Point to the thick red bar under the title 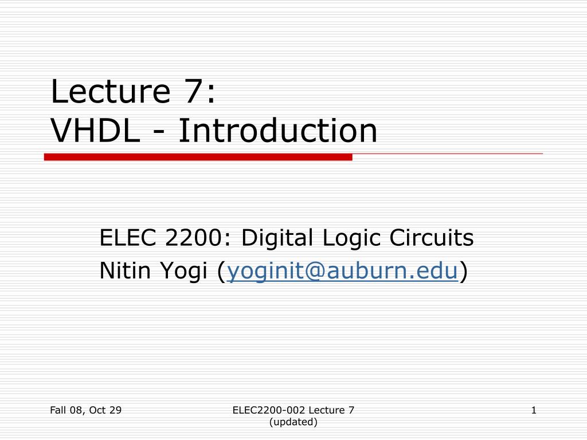coord(198,157)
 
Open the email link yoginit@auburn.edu coord(343,272)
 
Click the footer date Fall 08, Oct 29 coord(85,410)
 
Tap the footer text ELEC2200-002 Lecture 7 coord(293,410)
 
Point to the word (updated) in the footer coord(293,422)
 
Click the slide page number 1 coord(534,410)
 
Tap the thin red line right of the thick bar coord(447,154)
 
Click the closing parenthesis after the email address coord(463,272)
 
